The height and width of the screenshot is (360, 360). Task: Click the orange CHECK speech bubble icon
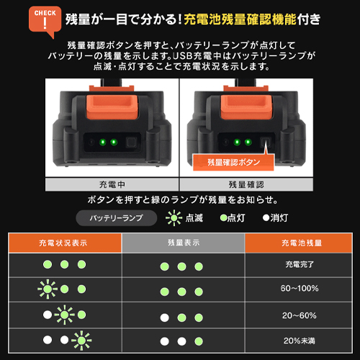click(45, 20)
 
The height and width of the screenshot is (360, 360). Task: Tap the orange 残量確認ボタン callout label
click(233, 163)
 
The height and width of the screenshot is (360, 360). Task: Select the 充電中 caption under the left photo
click(112, 184)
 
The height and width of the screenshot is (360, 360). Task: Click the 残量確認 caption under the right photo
click(246, 184)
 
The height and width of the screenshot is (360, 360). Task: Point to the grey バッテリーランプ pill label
click(117, 218)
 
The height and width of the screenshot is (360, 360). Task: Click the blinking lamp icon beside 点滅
click(174, 218)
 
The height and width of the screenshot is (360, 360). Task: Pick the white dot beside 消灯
click(266, 218)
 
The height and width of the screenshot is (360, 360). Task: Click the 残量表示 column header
click(184, 243)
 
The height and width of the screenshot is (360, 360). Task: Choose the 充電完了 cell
click(300, 264)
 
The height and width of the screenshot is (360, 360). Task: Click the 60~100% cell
click(300, 288)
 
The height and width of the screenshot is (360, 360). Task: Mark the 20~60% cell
click(300, 315)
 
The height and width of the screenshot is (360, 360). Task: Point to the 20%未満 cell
click(300, 341)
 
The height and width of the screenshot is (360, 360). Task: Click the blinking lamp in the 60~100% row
click(48, 289)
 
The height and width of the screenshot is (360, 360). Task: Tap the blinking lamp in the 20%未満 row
click(81, 341)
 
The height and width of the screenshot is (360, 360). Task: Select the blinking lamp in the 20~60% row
click(65, 315)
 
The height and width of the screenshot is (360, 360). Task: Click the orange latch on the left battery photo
click(112, 107)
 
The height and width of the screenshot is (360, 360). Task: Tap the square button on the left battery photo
click(131, 143)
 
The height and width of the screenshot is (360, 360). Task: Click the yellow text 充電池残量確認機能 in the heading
click(240, 19)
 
